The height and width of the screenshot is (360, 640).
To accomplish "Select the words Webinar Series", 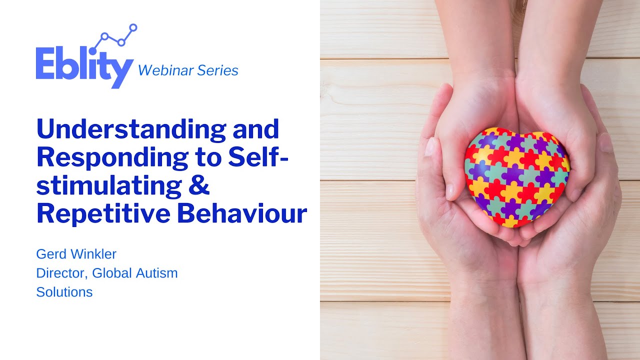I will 188,70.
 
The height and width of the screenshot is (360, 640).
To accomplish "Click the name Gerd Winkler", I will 76,254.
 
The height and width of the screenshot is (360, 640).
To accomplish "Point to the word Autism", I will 154,273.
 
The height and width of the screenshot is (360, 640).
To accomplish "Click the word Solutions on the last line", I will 64,292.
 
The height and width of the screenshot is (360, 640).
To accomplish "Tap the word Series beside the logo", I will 217,70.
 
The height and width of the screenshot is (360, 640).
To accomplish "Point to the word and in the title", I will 256,130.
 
